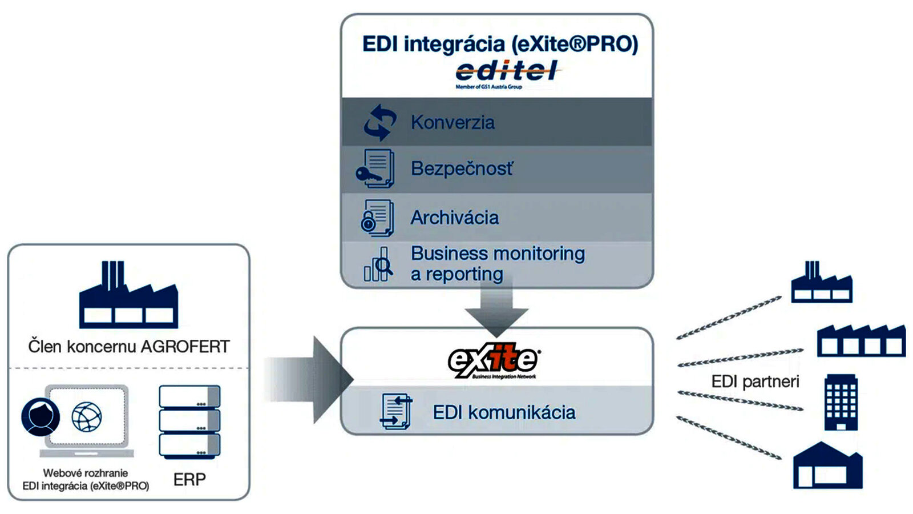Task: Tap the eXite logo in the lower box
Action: (x=494, y=360)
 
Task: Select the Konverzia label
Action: (x=453, y=122)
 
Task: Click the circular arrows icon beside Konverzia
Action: (x=380, y=122)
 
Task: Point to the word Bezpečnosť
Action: (x=462, y=168)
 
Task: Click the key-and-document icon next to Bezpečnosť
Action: (x=375, y=168)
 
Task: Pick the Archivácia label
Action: (x=454, y=218)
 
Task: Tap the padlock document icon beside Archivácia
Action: (x=377, y=218)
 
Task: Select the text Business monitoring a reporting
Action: (x=497, y=263)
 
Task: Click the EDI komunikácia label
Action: (x=504, y=412)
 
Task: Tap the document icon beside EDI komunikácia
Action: (x=396, y=411)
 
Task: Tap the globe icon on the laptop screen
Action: (x=87, y=416)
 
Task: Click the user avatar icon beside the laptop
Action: (x=41, y=416)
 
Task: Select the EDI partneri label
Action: (x=755, y=382)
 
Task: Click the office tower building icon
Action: (x=841, y=402)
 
